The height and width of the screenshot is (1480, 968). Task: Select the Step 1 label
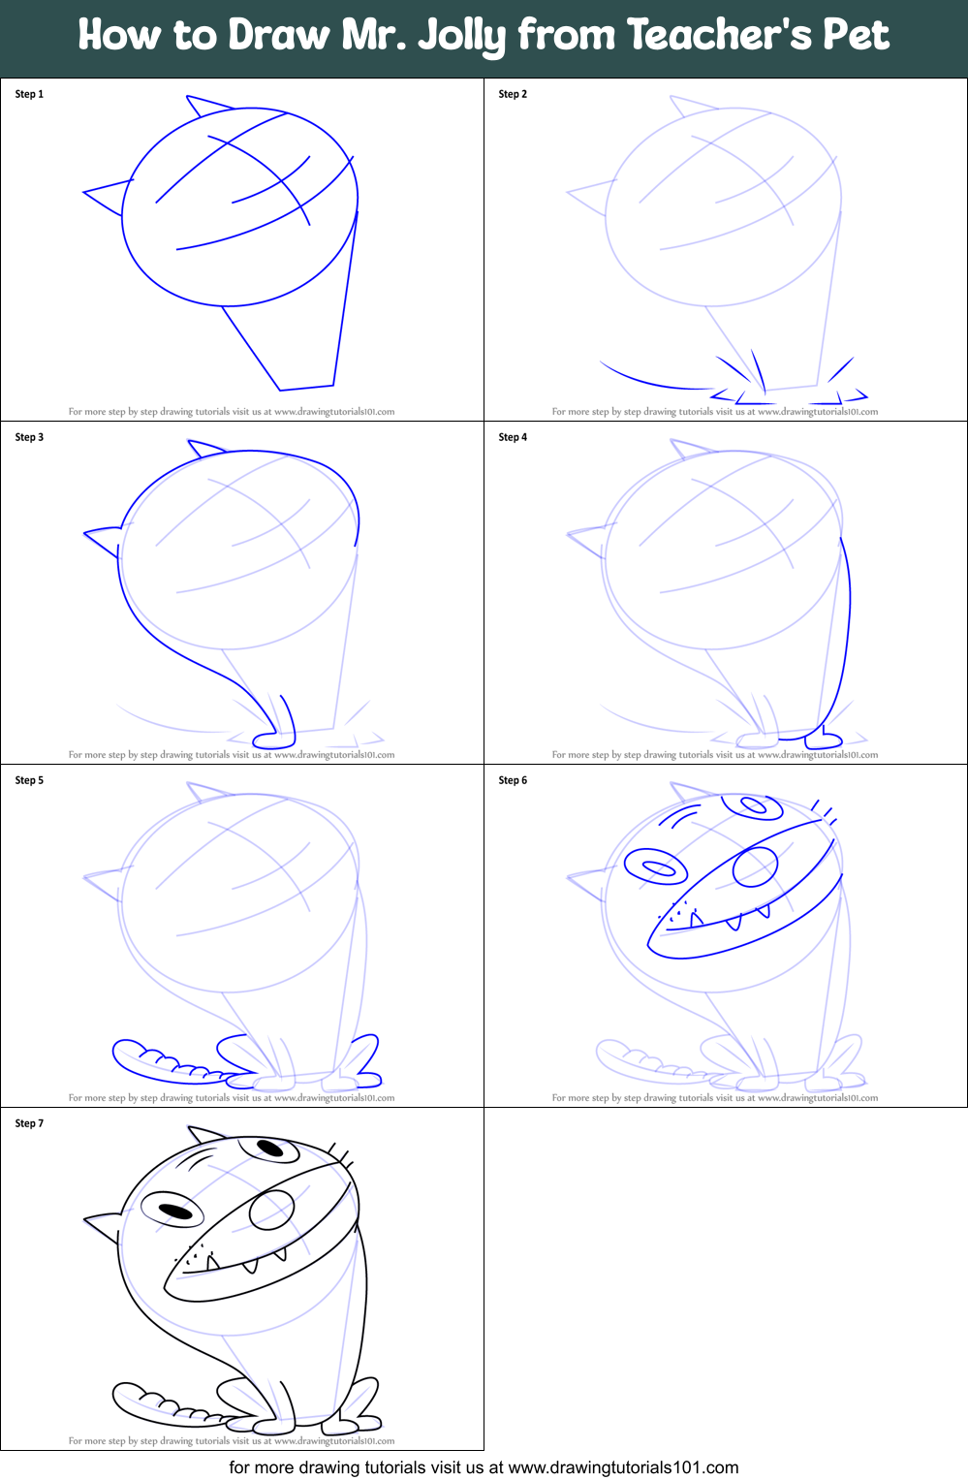[29, 94]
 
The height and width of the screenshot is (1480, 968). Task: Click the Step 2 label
[513, 94]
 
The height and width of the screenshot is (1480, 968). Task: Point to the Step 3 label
[29, 437]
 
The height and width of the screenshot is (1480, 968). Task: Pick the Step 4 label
[513, 437]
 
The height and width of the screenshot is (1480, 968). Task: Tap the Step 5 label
[29, 780]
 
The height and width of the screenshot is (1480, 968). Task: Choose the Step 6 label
[513, 780]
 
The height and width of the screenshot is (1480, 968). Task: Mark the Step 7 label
[29, 1123]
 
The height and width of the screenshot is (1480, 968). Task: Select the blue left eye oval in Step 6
[656, 866]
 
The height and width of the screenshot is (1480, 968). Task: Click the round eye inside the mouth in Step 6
[755, 866]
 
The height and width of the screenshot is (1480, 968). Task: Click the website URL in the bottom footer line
[623, 1467]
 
